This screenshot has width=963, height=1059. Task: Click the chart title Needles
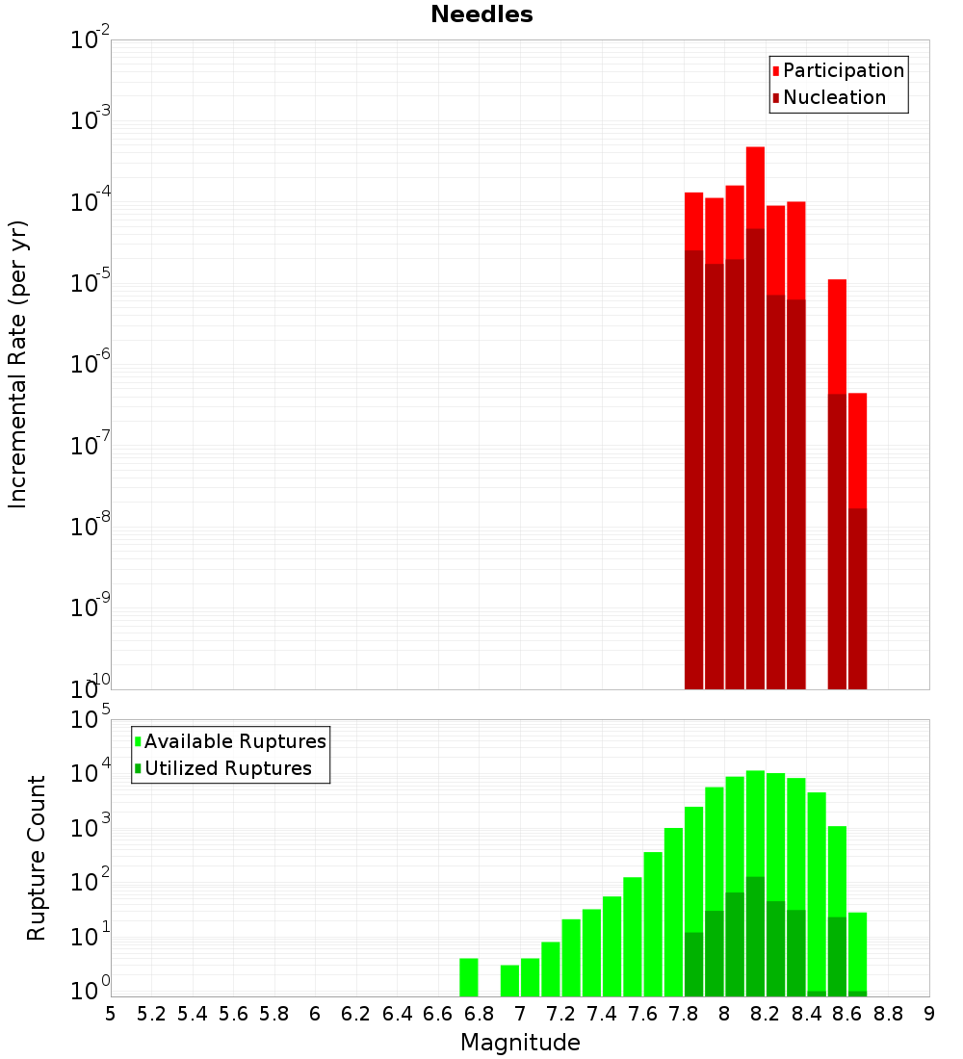[481, 14]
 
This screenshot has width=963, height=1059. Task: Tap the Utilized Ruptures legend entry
[227, 768]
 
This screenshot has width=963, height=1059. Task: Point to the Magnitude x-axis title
[520, 1043]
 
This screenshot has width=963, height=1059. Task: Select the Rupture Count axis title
[37, 858]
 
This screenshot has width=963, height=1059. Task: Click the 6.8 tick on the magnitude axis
[479, 1013]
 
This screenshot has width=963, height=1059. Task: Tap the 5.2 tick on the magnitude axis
[151, 1013]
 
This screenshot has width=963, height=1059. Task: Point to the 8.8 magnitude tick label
[888, 1013]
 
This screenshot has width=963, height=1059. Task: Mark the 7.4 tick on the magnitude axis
[602, 1013]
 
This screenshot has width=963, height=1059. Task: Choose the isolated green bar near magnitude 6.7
[469, 977]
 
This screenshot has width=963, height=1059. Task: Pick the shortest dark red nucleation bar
[857, 597]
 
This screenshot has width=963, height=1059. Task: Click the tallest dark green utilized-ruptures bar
[755, 934]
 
